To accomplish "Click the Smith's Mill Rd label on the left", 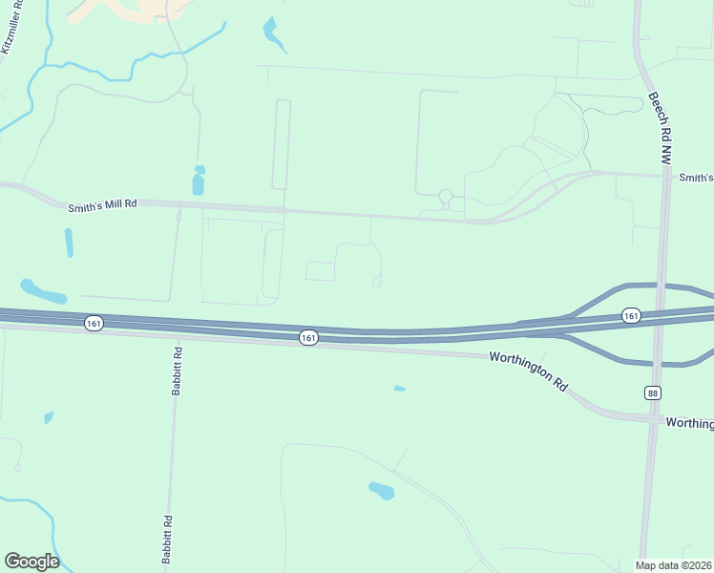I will tap(102, 204).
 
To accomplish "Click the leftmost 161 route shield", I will tap(93, 324).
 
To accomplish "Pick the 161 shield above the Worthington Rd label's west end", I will tap(307, 338).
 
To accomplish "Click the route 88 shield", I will tap(652, 393).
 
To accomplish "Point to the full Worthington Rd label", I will tap(528, 371).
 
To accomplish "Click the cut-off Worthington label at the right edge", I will tap(689, 423).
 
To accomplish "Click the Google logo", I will tap(31, 562).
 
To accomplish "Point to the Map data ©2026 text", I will tap(674, 564).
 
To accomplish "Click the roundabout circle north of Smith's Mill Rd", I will tap(445, 197).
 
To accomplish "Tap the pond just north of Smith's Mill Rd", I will tap(199, 180).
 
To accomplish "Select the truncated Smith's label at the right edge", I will tap(696, 178).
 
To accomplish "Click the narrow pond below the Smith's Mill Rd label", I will tap(69, 243).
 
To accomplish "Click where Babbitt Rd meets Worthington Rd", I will tap(176, 335).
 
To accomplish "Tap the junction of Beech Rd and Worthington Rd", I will tap(653, 419).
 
